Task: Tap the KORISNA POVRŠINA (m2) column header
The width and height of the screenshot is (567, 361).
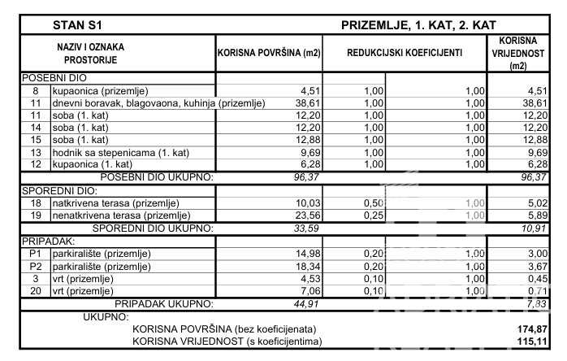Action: point(268,53)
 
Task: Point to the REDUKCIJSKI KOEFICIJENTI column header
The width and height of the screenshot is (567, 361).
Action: point(405,53)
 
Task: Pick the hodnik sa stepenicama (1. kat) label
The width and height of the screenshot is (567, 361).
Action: point(118,152)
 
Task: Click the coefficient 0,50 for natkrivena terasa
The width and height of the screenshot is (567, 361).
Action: point(372,202)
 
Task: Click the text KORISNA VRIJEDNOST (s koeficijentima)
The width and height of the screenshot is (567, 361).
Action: point(224,341)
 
